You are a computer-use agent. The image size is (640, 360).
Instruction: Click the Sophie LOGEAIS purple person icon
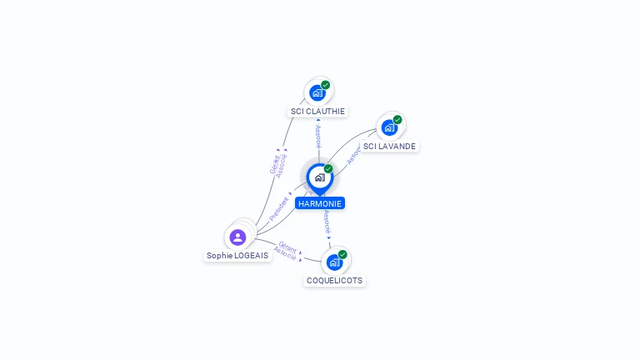click(x=237, y=237)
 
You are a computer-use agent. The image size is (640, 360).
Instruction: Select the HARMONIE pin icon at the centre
click(x=319, y=177)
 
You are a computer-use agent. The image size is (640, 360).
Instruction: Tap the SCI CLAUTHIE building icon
click(x=317, y=92)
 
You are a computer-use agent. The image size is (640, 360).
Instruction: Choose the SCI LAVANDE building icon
click(x=388, y=127)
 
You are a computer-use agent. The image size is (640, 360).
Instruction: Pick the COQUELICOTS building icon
click(x=334, y=262)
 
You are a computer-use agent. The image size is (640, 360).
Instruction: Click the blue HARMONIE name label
click(x=320, y=203)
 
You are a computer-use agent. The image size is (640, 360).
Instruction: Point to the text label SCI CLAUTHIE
click(x=317, y=111)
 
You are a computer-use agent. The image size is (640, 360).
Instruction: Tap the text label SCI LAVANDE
click(x=389, y=146)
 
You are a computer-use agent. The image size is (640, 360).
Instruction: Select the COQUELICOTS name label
click(x=334, y=281)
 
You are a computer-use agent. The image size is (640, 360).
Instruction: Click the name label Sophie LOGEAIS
click(x=237, y=256)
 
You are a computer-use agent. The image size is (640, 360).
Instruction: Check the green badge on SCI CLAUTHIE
click(x=326, y=84)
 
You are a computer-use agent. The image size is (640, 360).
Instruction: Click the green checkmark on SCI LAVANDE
click(x=397, y=119)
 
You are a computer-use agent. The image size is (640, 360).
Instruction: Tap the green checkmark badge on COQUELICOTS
click(x=342, y=254)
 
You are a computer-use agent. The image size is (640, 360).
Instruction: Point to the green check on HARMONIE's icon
click(x=328, y=168)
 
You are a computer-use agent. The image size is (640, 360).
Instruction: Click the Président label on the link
click(x=279, y=208)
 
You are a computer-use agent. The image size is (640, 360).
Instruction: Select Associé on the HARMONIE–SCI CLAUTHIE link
click(x=318, y=137)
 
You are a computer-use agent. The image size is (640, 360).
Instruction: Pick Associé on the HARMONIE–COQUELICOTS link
click(x=327, y=222)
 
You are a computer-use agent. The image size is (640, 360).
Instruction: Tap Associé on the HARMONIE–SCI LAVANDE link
click(x=353, y=152)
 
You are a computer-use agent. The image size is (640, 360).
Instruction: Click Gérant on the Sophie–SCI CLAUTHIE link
click(x=273, y=163)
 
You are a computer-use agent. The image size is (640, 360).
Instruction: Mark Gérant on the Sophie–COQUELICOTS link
click(x=288, y=247)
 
